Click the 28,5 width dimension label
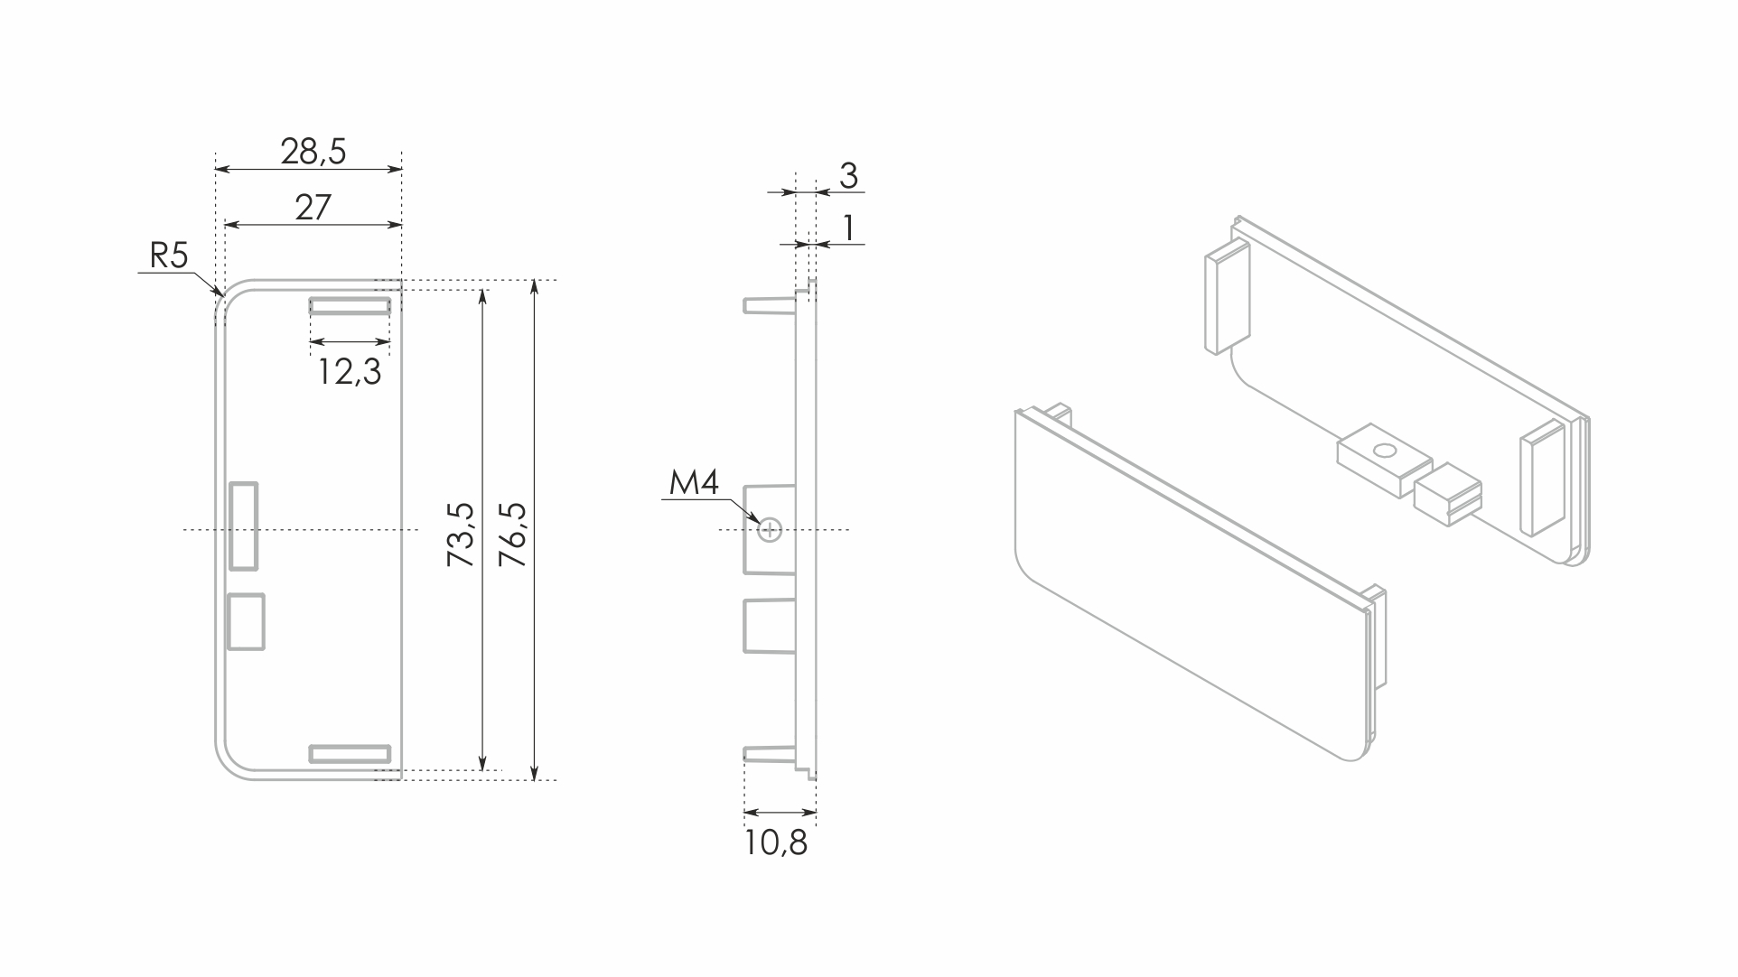coord(313,152)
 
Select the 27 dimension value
coord(313,208)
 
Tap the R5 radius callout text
coord(169,256)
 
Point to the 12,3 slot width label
coord(350,371)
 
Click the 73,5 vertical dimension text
coord(462,535)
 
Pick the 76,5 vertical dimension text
coord(513,535)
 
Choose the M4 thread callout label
coord(694,483)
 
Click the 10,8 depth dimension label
coord(776,842)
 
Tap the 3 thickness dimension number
coord(848,175)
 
